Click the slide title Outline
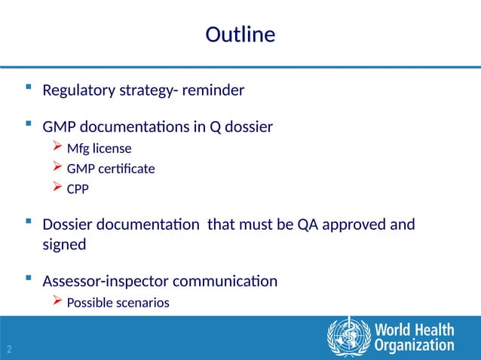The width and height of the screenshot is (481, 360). (x=240, y=35)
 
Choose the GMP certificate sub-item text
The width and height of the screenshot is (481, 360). (x=111, y=169)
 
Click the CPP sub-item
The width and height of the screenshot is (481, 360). (x=78, y=190)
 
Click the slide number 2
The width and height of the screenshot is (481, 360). (x=9, y=349)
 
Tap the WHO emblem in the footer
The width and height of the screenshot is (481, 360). (x=348, y=337)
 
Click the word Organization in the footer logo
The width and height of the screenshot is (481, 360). (x=415, y=346)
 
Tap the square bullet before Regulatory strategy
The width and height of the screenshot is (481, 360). (x=29, y=90)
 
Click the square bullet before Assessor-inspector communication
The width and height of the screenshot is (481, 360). (x=29, y=280)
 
